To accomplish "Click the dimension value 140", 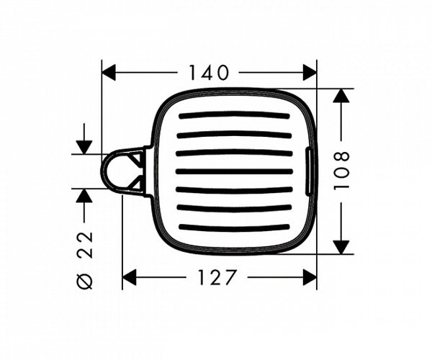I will (208, 72).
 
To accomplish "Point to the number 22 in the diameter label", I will (84, 244).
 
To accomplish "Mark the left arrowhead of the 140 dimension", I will (109, 72).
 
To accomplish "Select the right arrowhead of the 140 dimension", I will (310, 72).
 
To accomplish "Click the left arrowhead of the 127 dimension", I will (130, 277).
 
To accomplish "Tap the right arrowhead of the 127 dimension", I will (310, 277).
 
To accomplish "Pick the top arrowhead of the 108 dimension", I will (342, 96).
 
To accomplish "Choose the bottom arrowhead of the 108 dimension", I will (342, 246).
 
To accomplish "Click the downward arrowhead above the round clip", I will (84, 146).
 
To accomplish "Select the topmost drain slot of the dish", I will (234, 115).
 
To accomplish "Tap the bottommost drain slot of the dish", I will (234, 228).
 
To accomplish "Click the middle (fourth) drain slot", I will (234, 171).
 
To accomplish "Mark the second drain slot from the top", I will (234, 134).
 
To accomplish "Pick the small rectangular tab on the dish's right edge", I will (310, 171).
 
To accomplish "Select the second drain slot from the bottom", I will (234, 209).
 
